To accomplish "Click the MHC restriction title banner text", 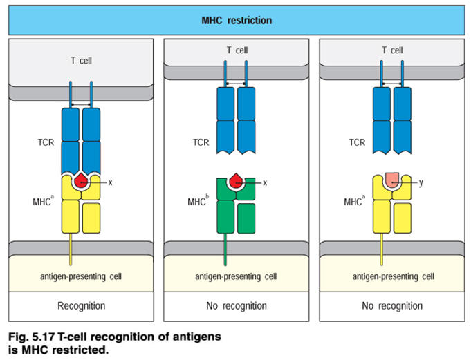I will [235, 20].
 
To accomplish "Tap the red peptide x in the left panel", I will [82, 182].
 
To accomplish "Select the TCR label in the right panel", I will [357, 143].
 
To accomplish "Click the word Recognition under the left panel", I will [82, 305].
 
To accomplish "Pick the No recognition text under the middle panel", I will [237, 305].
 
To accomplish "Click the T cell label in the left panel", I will [82, 61].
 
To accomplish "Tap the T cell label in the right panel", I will [392, 50].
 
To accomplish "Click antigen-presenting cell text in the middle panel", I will [237, 276].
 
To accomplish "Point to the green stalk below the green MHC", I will [226, 249].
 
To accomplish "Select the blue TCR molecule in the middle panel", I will [237, 121].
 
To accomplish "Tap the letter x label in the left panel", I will [110, 182].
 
